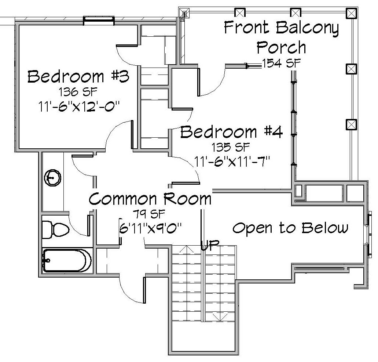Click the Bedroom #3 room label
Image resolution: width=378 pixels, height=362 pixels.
pyautogui.click(x=78, y=76)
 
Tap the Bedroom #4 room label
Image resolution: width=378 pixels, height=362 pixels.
pyautogui.click(x=231, y=132)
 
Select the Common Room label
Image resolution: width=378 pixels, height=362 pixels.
pyautogui.click(x=150, y=199)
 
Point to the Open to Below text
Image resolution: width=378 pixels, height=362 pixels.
pyautogui.click(x=290, y=228)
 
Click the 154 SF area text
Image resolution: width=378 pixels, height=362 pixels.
pyautogui.click(x=281, y=63)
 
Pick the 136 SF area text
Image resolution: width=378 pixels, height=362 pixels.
pyautogui.click(x=78, y=92)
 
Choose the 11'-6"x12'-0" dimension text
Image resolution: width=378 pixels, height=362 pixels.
pyautogui.click(x=79, y=106)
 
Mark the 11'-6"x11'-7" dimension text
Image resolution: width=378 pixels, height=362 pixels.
pyautogui.click(x=231, y=161)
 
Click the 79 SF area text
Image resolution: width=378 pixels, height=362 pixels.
pyautogui.click(x=150, y=214)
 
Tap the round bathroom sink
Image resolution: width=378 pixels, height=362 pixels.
pyautogui.click(x=52, y=178)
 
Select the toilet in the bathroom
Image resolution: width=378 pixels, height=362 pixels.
pyautogui.click(x=56, y=229)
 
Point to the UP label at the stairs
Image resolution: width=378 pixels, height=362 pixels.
pyautogui.click(x=210, y=246)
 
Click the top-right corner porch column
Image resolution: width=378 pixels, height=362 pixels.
pyautogui.click(x=351, y=13)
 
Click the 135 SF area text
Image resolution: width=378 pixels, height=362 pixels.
pyautogui.click(x=231, y=147)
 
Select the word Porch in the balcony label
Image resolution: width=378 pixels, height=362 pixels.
pyautogui.click(x=281, y=47)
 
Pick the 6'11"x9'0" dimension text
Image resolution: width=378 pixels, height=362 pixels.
pyautogui.click(x=150, y=228)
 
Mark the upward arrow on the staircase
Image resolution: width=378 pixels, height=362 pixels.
pyautogui.click(x=186, y=249)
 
